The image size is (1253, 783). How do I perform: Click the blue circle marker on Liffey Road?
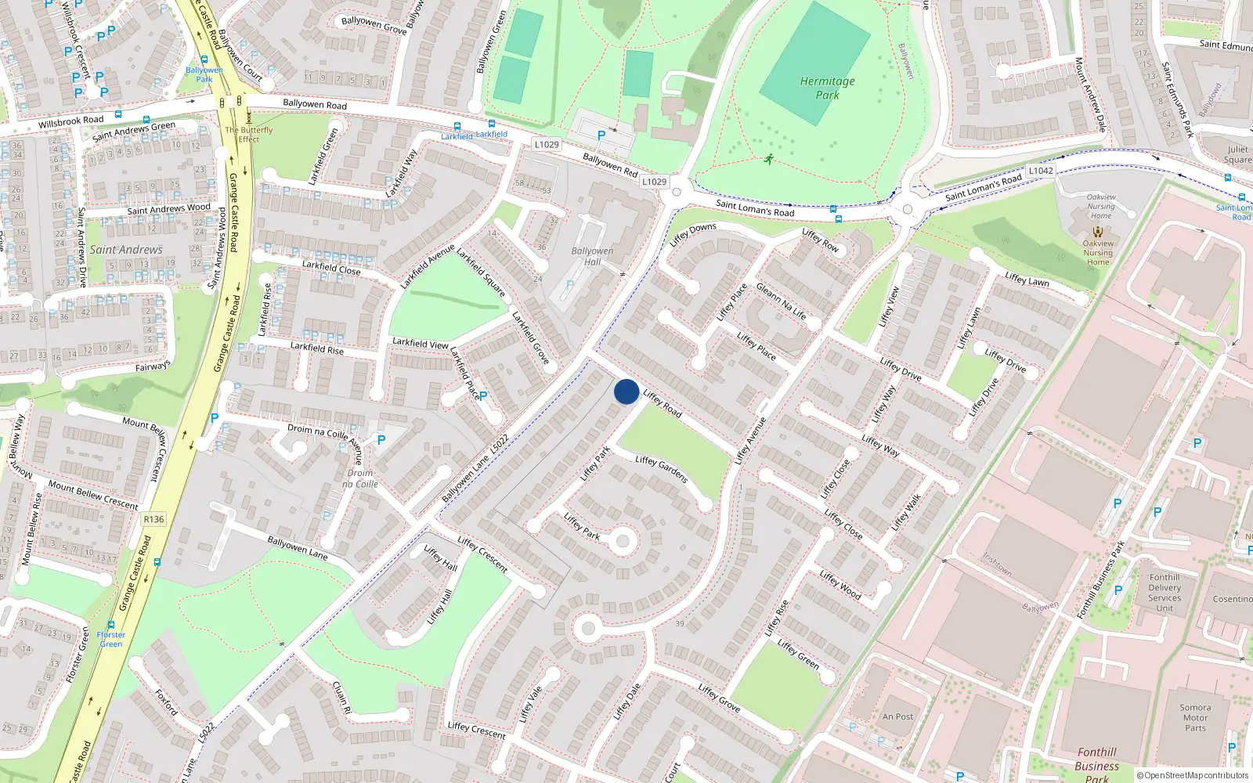tap(626, 391)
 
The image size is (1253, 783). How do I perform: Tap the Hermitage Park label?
tap(827, 88)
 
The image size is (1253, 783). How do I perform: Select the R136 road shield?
tap(153, 519)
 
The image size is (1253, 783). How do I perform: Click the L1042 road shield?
tap(1041, 171)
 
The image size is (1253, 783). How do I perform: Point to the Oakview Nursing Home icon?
tap(1098, 232)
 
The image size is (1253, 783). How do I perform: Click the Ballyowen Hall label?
tap(592, 256)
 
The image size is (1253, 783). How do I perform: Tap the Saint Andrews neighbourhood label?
tap(126, 250)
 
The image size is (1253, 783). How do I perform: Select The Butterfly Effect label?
tap(249, 135)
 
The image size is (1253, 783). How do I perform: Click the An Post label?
tap(897, 716)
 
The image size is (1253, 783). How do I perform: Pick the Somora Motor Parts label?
tap(1195, 717)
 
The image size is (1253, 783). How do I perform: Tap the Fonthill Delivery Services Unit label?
tap(1165, 593)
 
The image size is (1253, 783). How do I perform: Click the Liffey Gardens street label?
tap(662, 469)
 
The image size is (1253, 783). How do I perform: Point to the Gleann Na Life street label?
tap(781, 301)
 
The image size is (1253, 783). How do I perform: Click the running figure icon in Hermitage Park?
tap(768, 160)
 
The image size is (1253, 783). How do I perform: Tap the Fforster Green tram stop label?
tap(110, 639)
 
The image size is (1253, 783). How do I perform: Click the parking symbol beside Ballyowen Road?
tap(601, 135)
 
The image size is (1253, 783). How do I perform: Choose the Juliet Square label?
tap(1237, 154)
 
